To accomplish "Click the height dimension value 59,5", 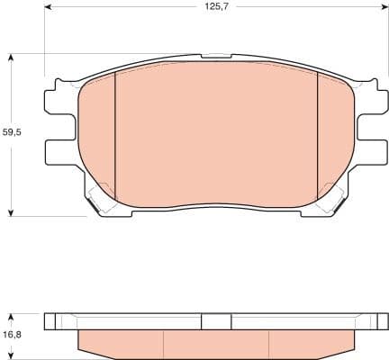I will (x=12, y=133).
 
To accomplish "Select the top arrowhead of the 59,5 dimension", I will (x=12, y=57).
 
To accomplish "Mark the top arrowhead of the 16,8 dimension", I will (x=12, y=316).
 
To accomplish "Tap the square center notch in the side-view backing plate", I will (x=216, y=321).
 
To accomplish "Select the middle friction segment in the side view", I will (x=216, y=342).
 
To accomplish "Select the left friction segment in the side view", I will (x=122, y=342).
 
